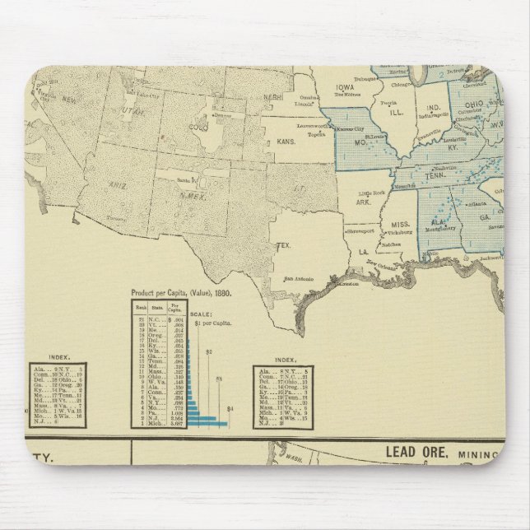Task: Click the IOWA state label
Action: tap(346, 90)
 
